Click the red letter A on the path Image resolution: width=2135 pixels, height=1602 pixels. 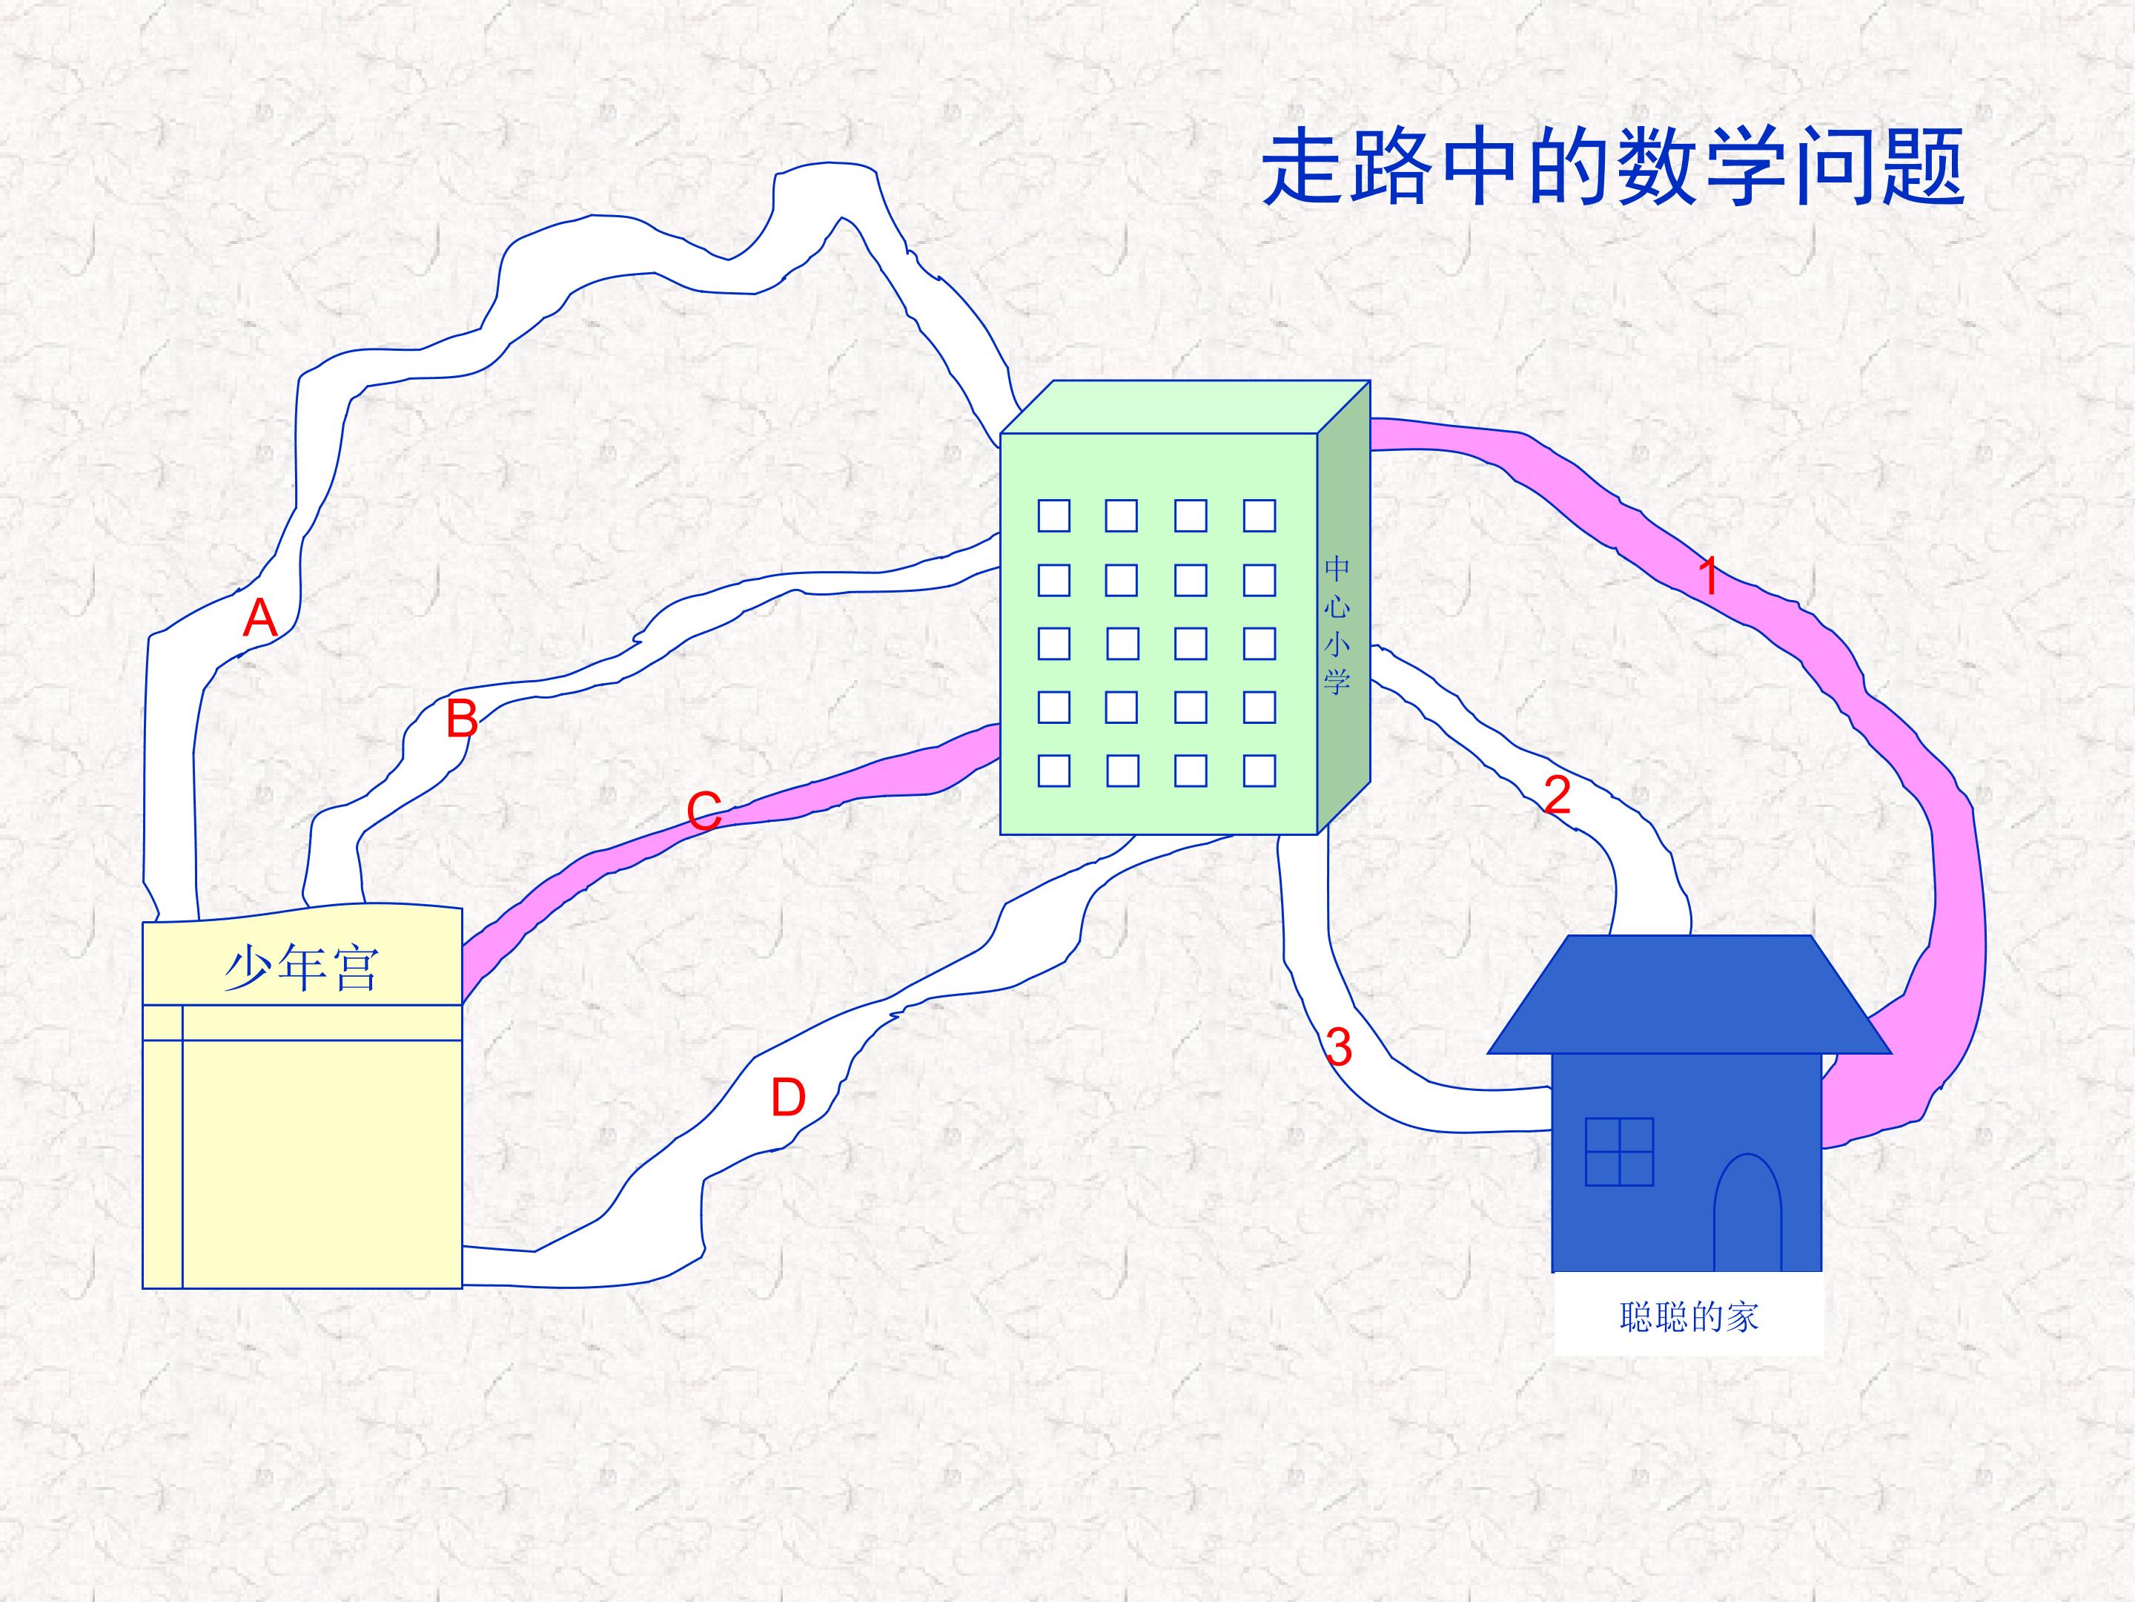259,618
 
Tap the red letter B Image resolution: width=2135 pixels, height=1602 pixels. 463,719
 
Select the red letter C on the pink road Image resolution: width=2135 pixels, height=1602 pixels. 704,811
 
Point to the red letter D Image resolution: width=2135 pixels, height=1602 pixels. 787,1098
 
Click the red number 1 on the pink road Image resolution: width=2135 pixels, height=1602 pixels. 1709,576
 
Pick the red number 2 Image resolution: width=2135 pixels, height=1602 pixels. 1557,795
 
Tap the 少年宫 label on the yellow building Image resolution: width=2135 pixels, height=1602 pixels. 301,969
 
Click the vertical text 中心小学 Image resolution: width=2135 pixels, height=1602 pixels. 1337,624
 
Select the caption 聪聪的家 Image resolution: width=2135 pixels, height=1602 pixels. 1689,1317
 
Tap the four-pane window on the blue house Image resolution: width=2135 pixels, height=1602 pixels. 1620,1152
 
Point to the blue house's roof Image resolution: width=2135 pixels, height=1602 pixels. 1689,995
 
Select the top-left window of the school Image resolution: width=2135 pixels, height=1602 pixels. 1054,515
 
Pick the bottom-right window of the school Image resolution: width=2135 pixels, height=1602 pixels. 1260,771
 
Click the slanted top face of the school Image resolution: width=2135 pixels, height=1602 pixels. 1185,406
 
